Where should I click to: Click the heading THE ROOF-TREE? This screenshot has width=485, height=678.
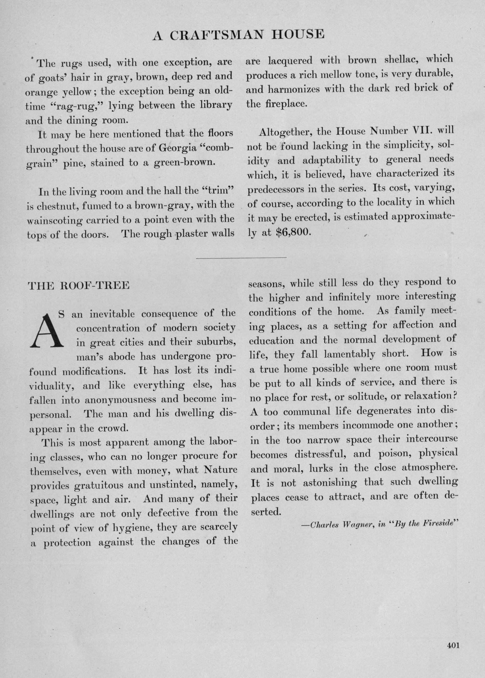(78, 285)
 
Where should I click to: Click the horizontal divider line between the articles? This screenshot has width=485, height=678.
(242, 257)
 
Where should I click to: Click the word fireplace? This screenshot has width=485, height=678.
(286, 104)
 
